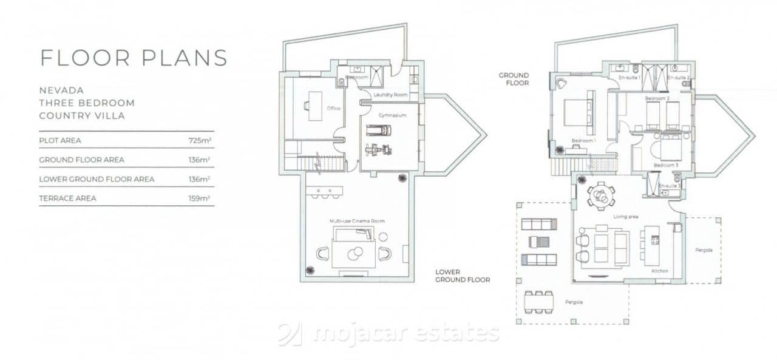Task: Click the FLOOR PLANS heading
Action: (x=134, y=58)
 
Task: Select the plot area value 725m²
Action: (x=199, y=140)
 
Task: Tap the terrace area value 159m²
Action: (x=199, y=198)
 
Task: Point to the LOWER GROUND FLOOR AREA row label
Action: (x=97, y=179)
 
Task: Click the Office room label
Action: (x=333, y=109)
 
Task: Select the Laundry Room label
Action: (x=389, y=95)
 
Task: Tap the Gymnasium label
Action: (x=392, y=115)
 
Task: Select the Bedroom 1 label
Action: (x=583, y=141)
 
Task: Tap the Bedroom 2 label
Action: (x=657, y=98)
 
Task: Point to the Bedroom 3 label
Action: (x=665, y=165)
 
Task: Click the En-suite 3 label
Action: (x=669, y=185)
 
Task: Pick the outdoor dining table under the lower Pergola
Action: (x=540, y=301)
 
